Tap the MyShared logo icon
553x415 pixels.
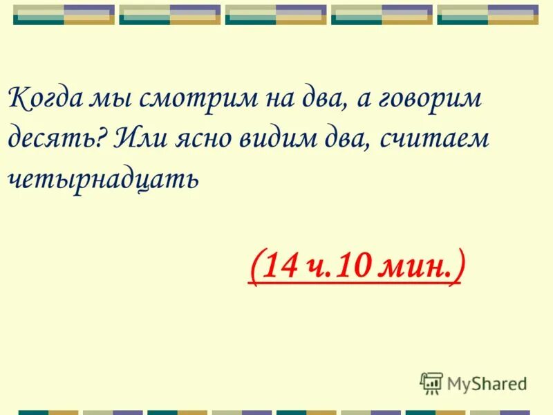tap(431, 383)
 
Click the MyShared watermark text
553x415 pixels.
tap(487, 383)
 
